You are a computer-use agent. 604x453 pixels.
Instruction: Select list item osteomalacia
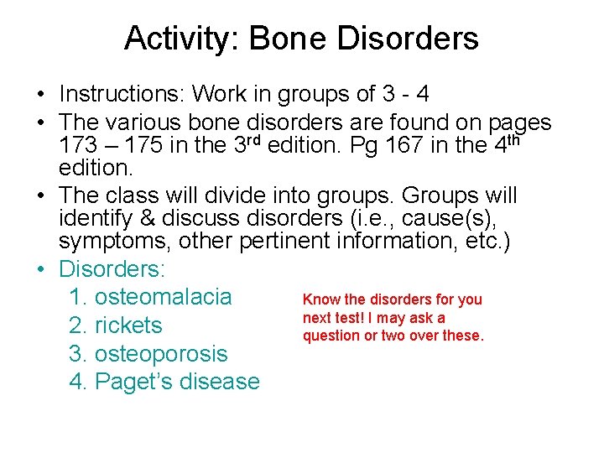tap(163, 297)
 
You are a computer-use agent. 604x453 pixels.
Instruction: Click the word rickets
tap(128, 325)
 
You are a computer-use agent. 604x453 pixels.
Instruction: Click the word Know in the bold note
tap(321, 299)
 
